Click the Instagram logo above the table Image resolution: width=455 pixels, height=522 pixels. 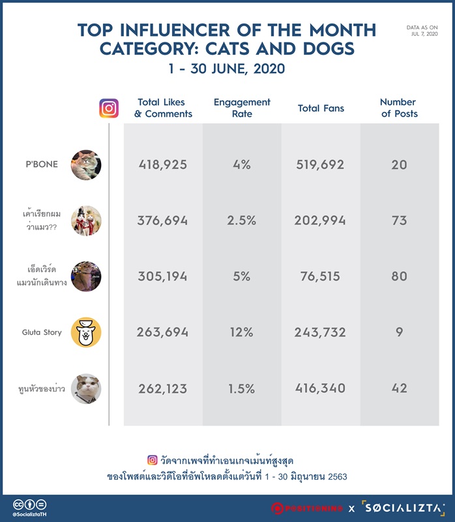pyautogui.click(x=109, y=108)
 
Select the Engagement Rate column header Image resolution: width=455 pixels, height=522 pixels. pyautogui.click(x=242, y=108)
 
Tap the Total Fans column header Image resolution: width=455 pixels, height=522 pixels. pyautogui.click(x=321, y=108)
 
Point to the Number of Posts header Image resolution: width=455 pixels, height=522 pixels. pyautogui.click(x=399, y=108)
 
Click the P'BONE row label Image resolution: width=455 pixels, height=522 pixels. pyautogui.click(x=42, y=164)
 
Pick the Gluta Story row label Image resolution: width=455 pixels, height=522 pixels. pyautogui.click(x=42, y=332)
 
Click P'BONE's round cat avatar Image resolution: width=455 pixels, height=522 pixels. pyautogui.click(x=86, y=165)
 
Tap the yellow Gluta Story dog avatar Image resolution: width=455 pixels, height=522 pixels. pyautogui.click(x=86, y=332)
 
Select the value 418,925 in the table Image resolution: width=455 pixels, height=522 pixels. pyautogui.click(x=163, y=164)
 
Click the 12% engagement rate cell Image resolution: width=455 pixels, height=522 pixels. pyautogui.click(x=241, y=332)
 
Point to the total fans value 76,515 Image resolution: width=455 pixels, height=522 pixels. pyautogui.click(x=320, y=276)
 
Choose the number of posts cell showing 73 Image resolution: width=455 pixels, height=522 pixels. pyautogui.click(x=399, y=221)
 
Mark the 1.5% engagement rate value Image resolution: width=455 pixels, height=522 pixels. pyautogui.click(x=241, y=388)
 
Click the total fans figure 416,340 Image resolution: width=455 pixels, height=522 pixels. pyautogui.click(x=320, y=388)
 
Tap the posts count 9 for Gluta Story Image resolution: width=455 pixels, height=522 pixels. pyautogui.click(x=399, y=332)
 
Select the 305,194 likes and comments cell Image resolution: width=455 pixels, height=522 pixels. pyautogui.click(x=163, y=276)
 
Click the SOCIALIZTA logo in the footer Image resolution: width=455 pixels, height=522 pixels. pyautogui.click(x=403, y=508)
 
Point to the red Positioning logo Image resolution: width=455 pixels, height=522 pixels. pyautogui.click(x=306, y=508)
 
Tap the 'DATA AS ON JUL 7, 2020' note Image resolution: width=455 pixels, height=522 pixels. pyautogui.click(x=422, y=31)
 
